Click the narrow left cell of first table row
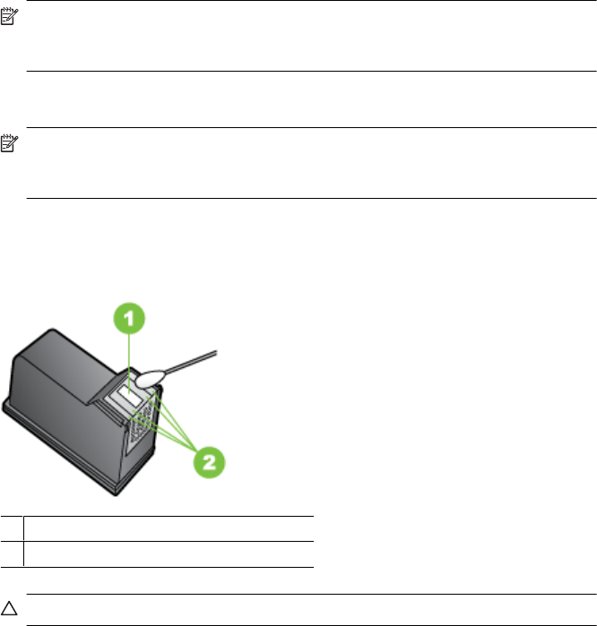11,527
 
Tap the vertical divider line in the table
23,541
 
